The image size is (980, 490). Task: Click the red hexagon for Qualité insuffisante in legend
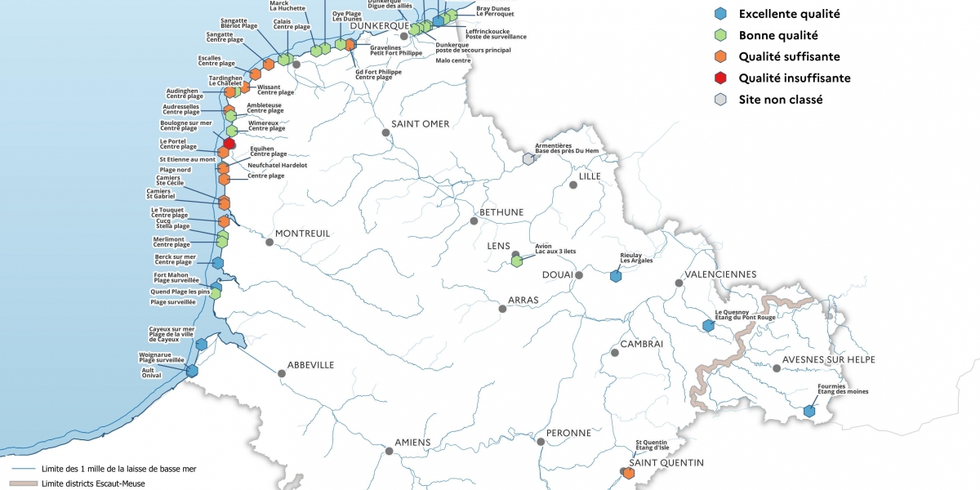pyautogui.click(x=719, y=78)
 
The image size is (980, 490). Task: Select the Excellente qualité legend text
pyautogui.click(x=789, y=14)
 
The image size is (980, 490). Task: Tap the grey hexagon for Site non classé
pyautogui.click(x=719, y=100)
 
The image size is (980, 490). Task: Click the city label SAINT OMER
pyautogui.click(x=420, y=124)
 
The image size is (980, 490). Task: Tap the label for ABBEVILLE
pyautogui.click(x=310, y=365)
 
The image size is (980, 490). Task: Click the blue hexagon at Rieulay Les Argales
pyautogui.click(x=616, y=276)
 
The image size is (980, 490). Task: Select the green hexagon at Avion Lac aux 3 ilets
pyautogui.click(x=516, y=261)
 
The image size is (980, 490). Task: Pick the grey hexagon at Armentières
pyautogui.click(x=528, y=158)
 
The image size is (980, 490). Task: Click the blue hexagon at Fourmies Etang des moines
pyautogui.click(x=809, y=411)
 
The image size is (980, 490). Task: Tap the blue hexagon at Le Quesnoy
pyautogui.click(x=709, y=325)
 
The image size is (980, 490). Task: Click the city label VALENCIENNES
pyautogui.click(x=721, y=274)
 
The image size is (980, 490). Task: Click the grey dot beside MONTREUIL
pyautogui.click(x=269, y=241)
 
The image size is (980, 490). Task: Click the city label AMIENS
pyautogui.click(x=412, y=443)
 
